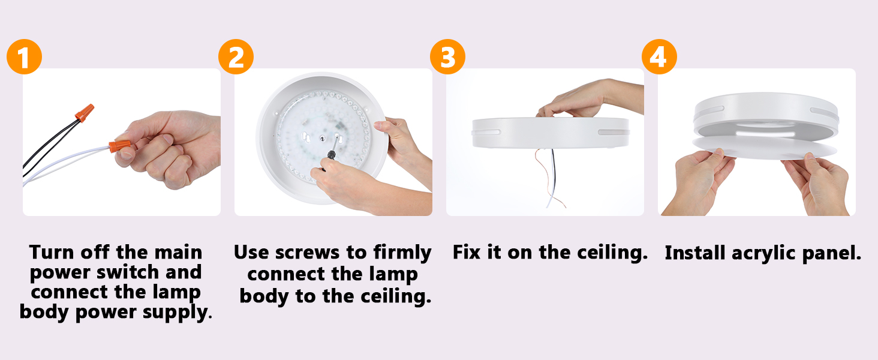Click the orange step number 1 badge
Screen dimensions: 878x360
pyautogui.click(x=25, y=57)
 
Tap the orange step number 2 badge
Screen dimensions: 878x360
pyautogui.click(x=236, y=57)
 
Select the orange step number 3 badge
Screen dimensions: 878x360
pyautogui.click(x=447, y=57)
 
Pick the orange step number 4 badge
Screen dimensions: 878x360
pyautogui.click(x=659, y=57)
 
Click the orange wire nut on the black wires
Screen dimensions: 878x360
pyautogui.click(x=85, y=113)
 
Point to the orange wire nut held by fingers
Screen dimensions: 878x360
pyautogui.click(x=120, y=146)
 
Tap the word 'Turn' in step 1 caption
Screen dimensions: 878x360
pyautogui.click(x=52, y=252)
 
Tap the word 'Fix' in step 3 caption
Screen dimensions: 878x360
pyautogui.click(x=467, y=252)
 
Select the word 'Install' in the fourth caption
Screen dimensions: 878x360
pyautogui.click(x=695, y=253)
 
